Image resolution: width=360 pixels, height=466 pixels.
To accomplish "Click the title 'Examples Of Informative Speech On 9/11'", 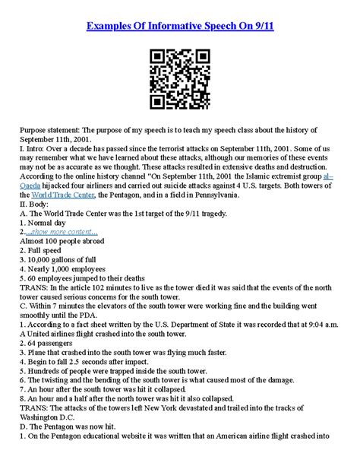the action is point(179,27).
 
